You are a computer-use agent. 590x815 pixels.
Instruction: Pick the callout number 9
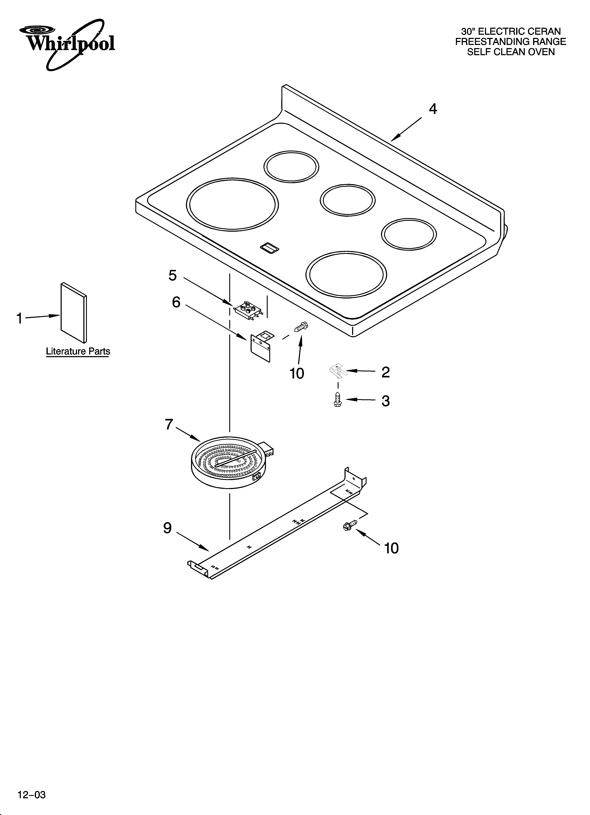click(167, 528)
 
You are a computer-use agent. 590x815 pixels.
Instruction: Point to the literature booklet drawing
click(74, 313)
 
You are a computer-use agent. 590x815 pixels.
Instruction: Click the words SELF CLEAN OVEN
click(511, 52)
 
